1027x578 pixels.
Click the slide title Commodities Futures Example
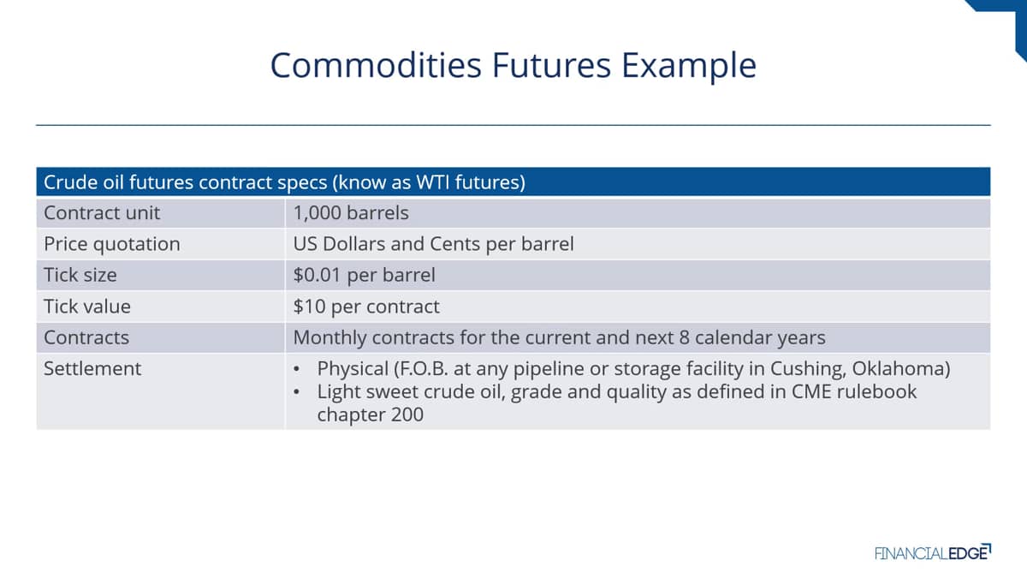click(513, 66)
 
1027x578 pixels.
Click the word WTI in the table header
click(432, 182)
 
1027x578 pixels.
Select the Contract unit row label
click(102, 213)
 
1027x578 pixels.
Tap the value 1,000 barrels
click(351, 213)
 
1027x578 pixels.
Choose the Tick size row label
click(80, 275)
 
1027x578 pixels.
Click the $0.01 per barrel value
click(364, 275)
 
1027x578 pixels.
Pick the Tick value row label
click(87, 307)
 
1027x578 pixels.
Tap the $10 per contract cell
click(366, 307)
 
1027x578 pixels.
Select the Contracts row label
click(86, 337)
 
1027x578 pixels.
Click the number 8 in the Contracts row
click(684, 338)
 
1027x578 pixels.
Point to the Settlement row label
click(92, 369)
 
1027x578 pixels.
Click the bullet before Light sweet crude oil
click(297, 392)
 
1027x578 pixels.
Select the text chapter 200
click(370, 414)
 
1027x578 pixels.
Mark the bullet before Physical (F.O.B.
click(297, 369)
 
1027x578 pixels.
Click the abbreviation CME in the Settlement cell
click(810, 392)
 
